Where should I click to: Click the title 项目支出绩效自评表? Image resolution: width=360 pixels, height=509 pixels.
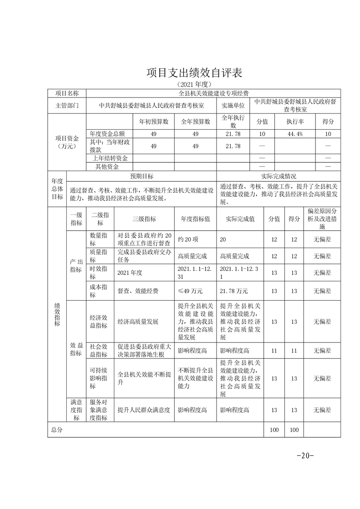coord(195,73)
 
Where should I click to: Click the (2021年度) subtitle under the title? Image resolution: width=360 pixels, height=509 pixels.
coord(194,84)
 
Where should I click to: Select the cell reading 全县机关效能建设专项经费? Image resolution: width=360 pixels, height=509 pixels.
coord(213,93)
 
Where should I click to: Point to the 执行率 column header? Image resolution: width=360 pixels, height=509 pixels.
coord(295,122)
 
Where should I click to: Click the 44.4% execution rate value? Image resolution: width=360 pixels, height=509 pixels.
coord(295,134)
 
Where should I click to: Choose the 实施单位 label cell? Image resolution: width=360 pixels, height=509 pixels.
coord(233,105)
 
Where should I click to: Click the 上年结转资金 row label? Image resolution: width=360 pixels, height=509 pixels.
coord(109,158)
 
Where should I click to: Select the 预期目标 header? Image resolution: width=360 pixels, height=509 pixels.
coord(142,176)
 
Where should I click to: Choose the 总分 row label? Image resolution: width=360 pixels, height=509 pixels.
coord(57,430)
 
